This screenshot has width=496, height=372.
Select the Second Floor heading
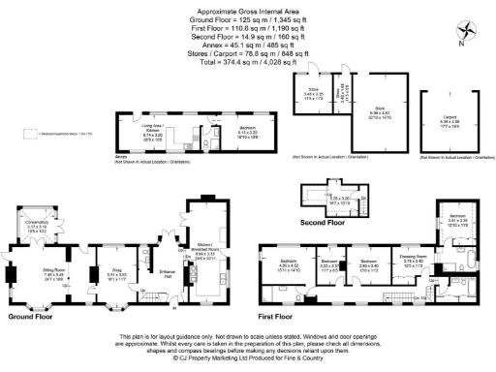323,223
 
